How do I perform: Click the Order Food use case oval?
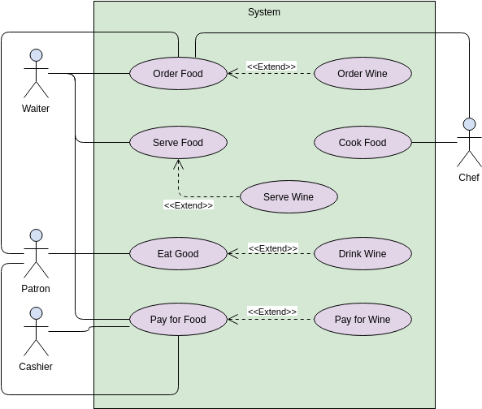point(178,74)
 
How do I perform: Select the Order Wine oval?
point(363,74)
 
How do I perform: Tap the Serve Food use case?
point(178,143)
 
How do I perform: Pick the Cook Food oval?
point(363,143)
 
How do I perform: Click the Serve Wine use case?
point(289,197)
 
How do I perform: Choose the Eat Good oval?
point(178,254)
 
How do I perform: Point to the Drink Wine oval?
point(363,254)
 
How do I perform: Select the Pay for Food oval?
point(178,320)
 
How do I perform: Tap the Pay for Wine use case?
point(363,320)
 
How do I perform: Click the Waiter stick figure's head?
point(36,56)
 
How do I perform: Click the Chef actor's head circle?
point(469,124)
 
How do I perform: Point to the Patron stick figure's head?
point(36,235)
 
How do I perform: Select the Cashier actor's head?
point(36,313)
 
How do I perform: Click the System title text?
point(264,12)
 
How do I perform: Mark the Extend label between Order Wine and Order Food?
point(271,66)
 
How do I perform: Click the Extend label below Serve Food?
point(189,205)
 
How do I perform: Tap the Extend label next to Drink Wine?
point(272,248)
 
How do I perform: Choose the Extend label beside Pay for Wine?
point(271,311)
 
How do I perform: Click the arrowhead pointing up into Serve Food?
point(178,163)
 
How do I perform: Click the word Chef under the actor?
point(469,177)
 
